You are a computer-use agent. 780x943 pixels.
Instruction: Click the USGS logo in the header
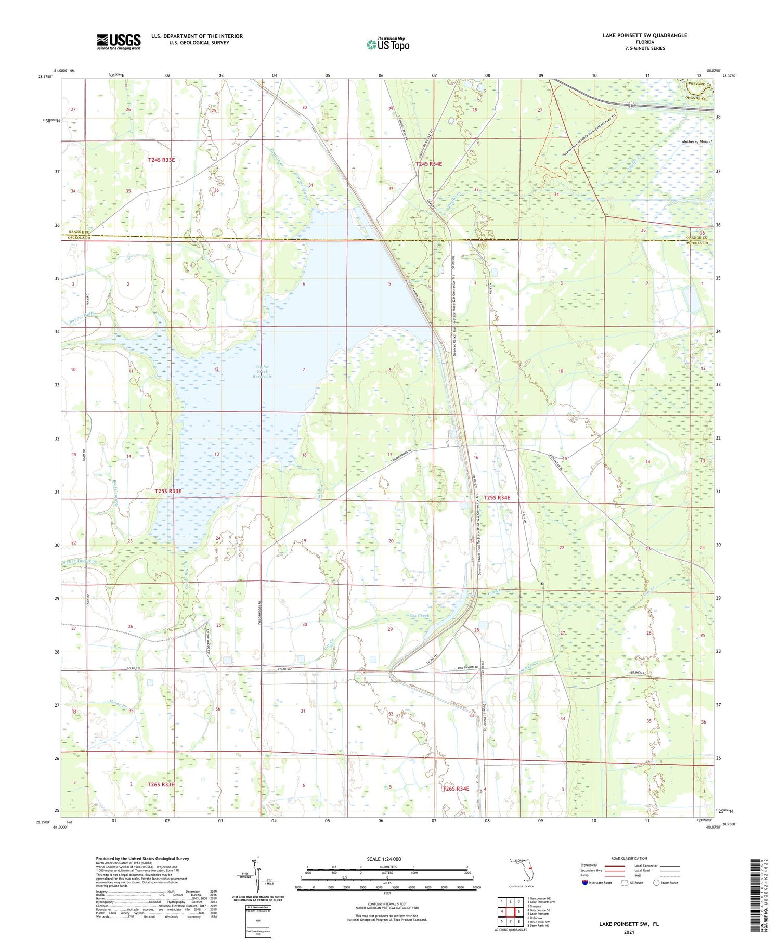tap(119, 42)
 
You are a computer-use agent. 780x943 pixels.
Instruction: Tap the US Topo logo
tap(387, 44)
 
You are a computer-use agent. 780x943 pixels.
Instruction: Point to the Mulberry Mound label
tap(696, 141)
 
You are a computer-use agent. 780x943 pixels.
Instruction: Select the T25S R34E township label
tap(497, 498)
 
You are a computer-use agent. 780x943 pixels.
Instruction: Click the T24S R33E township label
tap(161, 160)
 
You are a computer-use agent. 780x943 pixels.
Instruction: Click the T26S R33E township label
tap(161, 784)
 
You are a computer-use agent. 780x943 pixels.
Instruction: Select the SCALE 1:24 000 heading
tap(387, 859)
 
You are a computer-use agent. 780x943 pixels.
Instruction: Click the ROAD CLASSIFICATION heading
tap(629, 858)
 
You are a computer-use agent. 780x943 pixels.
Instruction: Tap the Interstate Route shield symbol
tap(584, 883)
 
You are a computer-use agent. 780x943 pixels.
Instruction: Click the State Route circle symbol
tap(656, 883)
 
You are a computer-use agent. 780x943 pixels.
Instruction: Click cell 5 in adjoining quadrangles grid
tap(519, 912)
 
